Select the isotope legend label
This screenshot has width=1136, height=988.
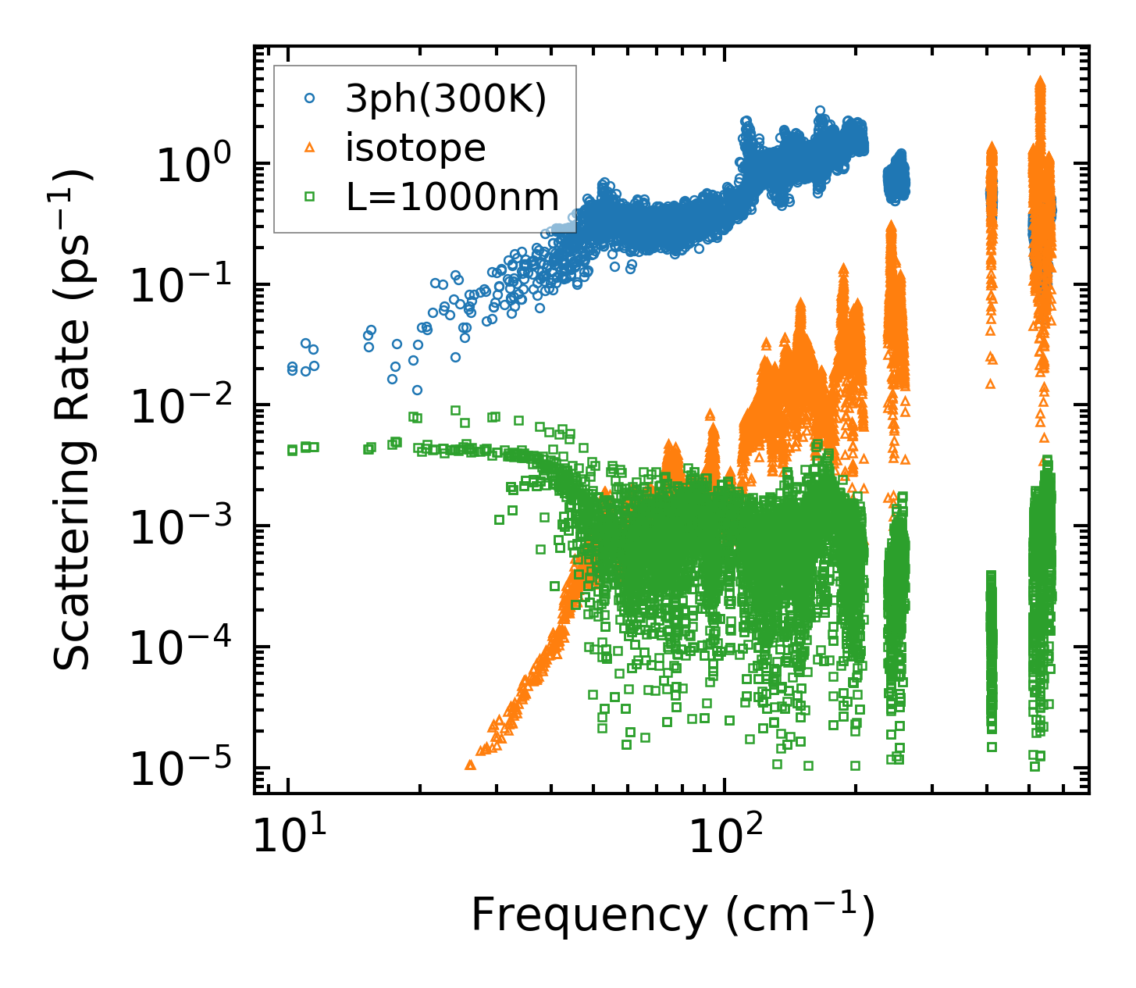[x=415, y=148]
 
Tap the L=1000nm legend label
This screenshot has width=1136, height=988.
[x=453, y=198]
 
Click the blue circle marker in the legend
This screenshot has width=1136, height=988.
[x=310, y=98]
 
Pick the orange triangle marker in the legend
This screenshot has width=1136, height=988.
[x=310, y=148]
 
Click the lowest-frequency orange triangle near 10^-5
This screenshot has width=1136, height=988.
[x=470, y=765]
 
